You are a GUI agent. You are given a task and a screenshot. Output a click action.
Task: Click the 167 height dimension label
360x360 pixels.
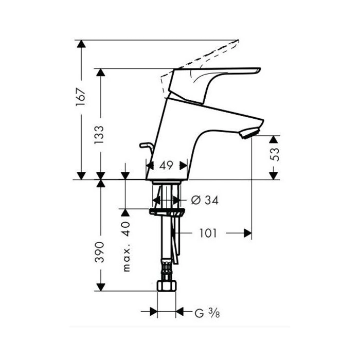coord(81,97)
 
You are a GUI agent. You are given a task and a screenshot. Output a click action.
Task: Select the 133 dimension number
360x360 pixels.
coord(99,135)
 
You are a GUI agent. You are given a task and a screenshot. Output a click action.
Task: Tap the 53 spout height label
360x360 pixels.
coord(275,154)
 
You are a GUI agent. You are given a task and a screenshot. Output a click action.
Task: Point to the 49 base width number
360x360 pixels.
coord(166,165)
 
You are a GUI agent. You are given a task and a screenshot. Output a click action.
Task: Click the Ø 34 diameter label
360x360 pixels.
coord(205,200)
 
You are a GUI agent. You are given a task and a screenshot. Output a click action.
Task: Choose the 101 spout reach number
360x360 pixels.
coord(208,233)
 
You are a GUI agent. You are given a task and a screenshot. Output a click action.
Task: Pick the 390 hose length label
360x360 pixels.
coord(100,252)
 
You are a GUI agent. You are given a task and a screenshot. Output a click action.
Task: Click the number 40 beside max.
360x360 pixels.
coord(127,229)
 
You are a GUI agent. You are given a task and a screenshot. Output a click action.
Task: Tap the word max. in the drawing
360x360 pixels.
coord(127,258)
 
